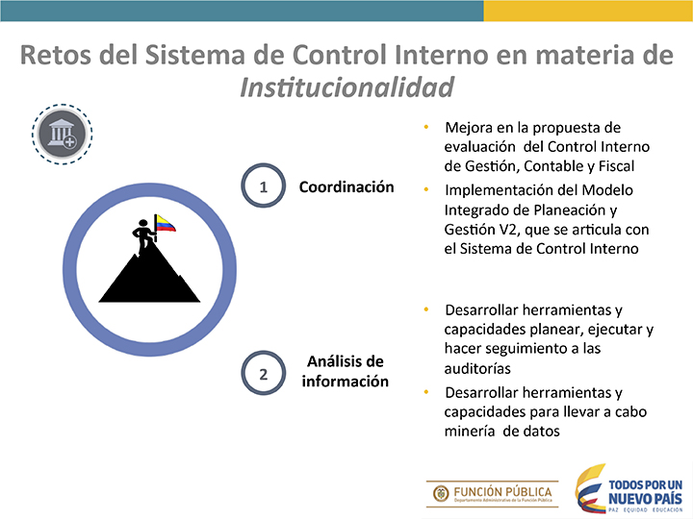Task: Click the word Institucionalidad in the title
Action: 346,86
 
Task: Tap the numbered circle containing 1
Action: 263,185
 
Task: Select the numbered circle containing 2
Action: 263,373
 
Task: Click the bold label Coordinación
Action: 346,186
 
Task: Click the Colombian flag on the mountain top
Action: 166,223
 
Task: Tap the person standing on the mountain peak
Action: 143,236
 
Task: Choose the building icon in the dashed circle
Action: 62,135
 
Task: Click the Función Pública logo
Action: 493,494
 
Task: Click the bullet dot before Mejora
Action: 426,127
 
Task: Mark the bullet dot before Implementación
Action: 426,189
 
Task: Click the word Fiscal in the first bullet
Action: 617,166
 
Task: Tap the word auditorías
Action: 477,368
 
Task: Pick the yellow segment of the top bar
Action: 588,11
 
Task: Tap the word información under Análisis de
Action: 346,381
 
